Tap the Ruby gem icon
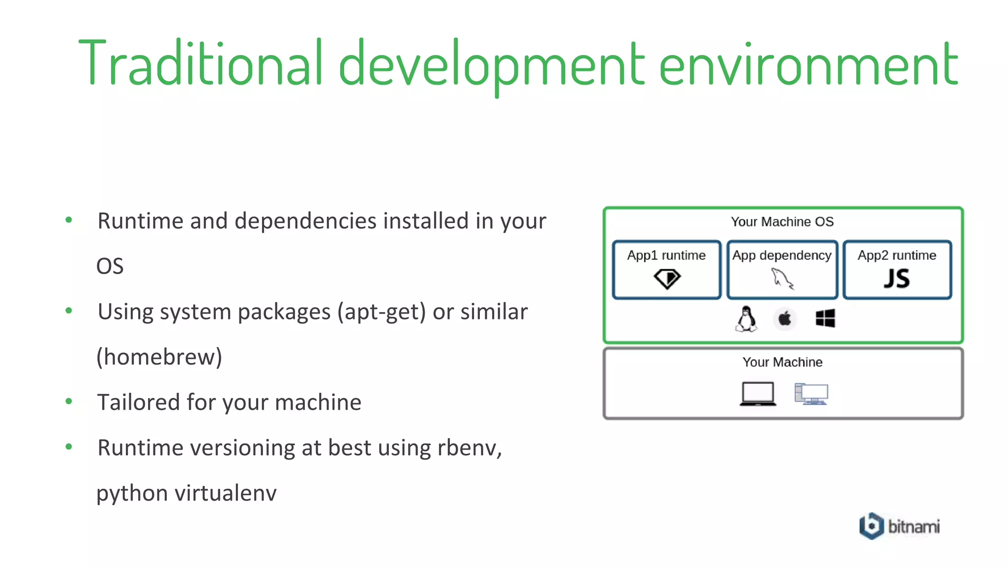tap(667, 279)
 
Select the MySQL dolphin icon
tap(782, 279)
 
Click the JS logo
tap(897, 279)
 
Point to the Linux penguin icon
tap(746, 319)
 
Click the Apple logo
tap(785, 319)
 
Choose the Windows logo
tap(825, 318)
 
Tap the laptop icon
tap(758, 394)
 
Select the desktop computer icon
tap(811, 394)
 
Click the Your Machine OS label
tap(782, 222)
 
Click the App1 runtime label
tap(666, 255)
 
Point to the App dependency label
tap(782, 255)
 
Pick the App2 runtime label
tap(897, 255)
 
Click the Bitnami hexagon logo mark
tap(871, 526)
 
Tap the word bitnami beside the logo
tap(914, 527)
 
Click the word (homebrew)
tap(159, 357)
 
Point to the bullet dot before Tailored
tap(69, 402)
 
